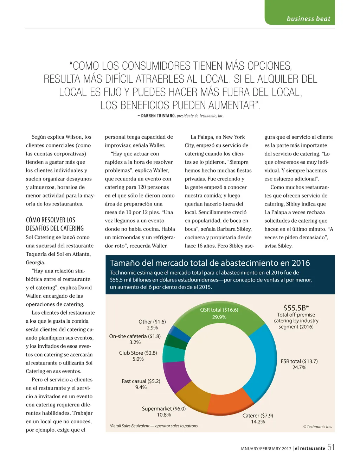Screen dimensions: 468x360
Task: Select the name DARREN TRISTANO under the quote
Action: click(158, 116)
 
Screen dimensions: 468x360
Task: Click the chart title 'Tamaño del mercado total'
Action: click(210, 263)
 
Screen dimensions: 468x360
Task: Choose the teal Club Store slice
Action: click(172, 354)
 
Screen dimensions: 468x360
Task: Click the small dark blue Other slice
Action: click(176, 332)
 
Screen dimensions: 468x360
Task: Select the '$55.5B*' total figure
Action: click(296, 308)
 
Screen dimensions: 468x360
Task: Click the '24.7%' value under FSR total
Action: click(299, 367)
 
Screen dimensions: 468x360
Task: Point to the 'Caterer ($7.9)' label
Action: click(258, 416)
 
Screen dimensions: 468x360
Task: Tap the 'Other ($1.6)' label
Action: click(152, 322)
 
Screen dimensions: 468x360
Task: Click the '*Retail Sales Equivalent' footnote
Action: click(153, 426)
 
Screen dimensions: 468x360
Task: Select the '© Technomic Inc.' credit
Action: click(317, 426)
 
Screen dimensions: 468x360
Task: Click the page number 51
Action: click(331, 447)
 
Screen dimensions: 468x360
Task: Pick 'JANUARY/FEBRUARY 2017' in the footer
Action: click(265, 449)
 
